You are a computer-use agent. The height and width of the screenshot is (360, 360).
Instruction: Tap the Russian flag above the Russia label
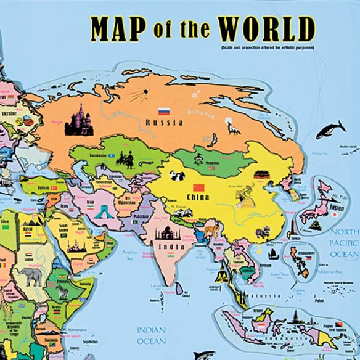coord(164,112)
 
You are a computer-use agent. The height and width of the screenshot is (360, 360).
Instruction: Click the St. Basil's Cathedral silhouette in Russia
coord(79,120)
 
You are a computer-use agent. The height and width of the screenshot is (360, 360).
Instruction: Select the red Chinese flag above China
coord(198,187)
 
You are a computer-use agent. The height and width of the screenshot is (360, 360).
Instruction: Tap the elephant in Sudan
coord(33,276)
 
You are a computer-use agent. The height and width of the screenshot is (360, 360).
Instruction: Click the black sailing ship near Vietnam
coord(272,253)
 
